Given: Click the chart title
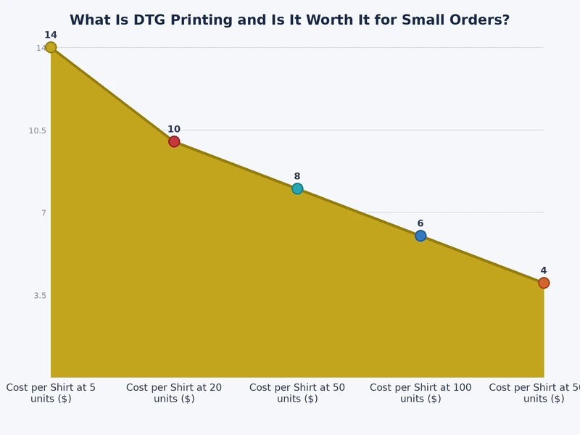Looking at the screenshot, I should (289, 20).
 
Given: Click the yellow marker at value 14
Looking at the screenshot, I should (51, 47).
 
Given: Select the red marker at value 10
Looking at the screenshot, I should (174, 141).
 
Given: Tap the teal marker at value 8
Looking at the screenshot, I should (297, 188).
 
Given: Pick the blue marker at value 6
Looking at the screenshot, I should (420, 236).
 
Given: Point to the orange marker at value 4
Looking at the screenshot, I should (544, 283).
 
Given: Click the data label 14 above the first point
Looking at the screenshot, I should (51, 35).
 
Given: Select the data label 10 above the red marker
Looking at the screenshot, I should (174, 129).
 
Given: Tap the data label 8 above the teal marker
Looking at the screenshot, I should (297, 176).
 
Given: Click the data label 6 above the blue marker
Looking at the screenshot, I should (420, 223).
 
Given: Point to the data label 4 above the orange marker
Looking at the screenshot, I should (544, 270).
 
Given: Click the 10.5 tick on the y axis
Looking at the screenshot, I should (37, 130).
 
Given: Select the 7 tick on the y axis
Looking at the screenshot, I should (43, 212).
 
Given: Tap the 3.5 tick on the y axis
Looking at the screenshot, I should (39, 295).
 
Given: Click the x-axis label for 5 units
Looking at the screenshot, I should (51, 393).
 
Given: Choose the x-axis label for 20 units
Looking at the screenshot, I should (174, 393).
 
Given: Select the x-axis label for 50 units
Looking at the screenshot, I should (297, 393).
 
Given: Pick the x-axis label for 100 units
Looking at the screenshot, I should (420, 393).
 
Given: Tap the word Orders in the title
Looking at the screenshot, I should (480, 20).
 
